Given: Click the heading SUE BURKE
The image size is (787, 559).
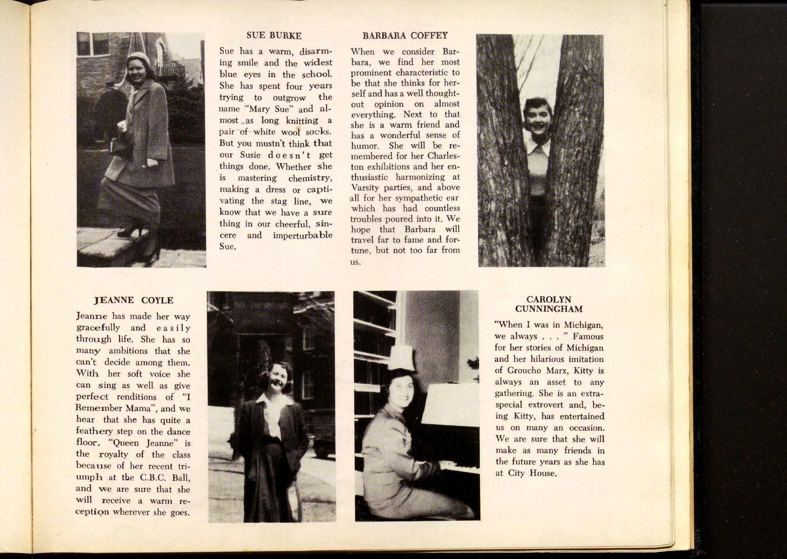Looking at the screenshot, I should tap(274, 36).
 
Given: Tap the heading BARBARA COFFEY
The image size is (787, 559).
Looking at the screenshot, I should tap(405, 36).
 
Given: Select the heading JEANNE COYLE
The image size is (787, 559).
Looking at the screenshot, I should tap(134, 300).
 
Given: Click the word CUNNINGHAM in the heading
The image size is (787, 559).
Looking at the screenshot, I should tap(548, 309).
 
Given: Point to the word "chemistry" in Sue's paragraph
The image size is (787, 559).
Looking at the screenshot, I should tap(310, 178).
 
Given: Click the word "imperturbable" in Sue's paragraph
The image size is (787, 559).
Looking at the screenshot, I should tap(303, 235).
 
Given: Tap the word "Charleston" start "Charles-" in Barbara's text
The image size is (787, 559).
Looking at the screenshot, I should tap(444, 156).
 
